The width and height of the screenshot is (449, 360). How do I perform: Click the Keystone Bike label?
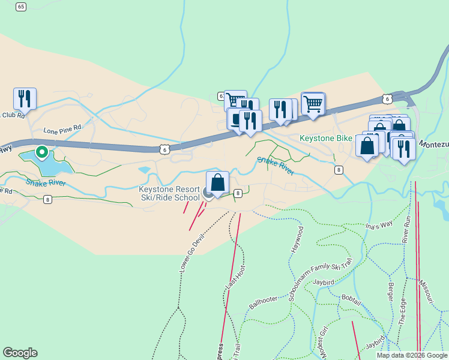coord(326,138)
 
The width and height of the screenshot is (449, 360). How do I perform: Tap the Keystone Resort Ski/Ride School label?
coord(170,193)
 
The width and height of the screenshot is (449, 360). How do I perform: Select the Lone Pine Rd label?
coord(62,129)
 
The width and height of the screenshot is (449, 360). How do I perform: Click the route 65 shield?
coord(21,7)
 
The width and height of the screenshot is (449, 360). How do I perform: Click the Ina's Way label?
coord(378,225)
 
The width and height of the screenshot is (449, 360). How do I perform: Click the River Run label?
coord(406,229)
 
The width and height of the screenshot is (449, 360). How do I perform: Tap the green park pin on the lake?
coord(41,152)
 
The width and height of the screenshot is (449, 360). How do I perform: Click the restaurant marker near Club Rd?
coord(25,97)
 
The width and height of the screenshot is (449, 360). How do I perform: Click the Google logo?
coord(20,353)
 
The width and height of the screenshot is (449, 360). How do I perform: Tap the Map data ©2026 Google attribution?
coord(412,355)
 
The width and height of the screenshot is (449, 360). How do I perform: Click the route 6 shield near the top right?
coord(387,97)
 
